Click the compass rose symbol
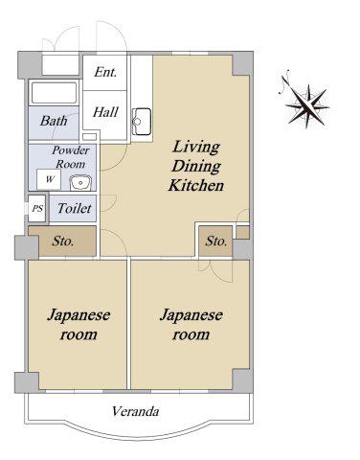[x=304, y=103]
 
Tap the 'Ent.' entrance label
[x=105, y=72]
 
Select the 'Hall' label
[x=105, y=112]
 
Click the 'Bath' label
[x=54, y=121]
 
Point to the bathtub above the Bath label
[x=54, y=93]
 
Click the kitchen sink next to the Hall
[x=142, y=122]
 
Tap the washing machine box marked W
[x=49, y=179]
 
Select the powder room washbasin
[x=80, y=183]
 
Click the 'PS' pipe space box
[x=37, y=208]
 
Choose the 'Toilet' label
[x=75, y=208]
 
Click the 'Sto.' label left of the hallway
[x=63, y=241]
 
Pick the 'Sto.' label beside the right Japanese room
[x=216, y=241]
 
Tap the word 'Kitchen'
[x=196, y=185]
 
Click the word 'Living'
[x=196, y=148]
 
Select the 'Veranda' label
[x=135, y=411]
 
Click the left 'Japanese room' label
[x=79, y=325]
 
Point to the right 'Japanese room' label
[x=191, y=325]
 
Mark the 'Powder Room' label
[x=71, y=157]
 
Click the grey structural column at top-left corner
[x=30, y=65]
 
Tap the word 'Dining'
[x=196, y=167]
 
